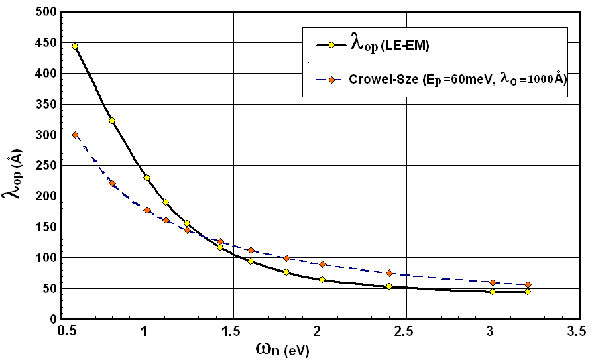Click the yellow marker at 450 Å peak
pyautogui.click(x=75, y=46)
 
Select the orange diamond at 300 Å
pyautogui.click(x=75, y=135)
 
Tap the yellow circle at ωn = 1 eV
pyautogui.click(x=147, y=178)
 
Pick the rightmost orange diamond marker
pyautogui.click(x=528, y=284)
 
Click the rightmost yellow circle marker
pyautogui.click(x=528, y=292)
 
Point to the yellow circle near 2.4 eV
pyautogui.click(x=389, y=286)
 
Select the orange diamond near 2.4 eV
pyautogui.click(x=389, y=273)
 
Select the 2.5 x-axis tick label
pyautogui.click(x=406, y=331)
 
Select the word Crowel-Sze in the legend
pyautogui.click(x=378, y=79)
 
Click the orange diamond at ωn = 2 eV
pyautogui.click(x=322, y=264)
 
